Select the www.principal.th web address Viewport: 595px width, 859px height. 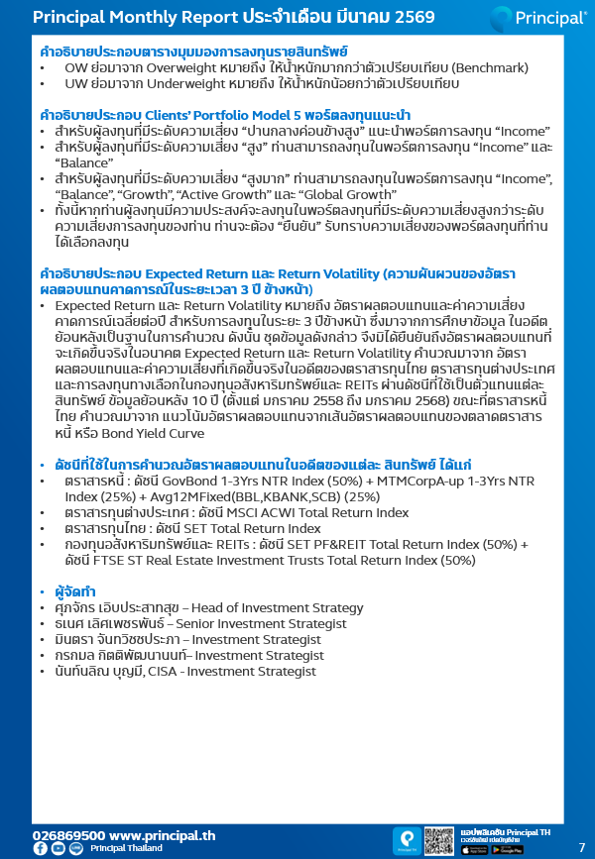click(x=162, y=835)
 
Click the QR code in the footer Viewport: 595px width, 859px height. click(x=438, y=840)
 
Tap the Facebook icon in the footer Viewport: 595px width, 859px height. click(x=40, y=849)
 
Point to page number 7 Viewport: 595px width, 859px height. click(x=581, y=847)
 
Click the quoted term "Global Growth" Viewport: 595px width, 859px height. click(x=319, y=196)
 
